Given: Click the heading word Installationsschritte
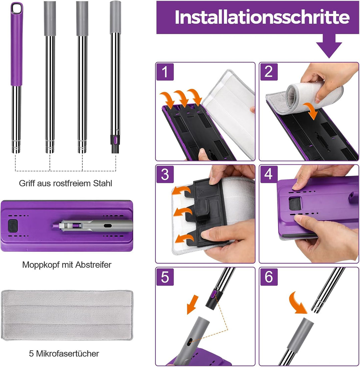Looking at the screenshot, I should tap(262, 17).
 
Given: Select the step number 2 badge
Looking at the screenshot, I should tap(269, 72).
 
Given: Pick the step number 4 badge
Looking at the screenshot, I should tap(269, 175).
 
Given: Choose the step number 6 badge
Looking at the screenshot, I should tap(269, 277).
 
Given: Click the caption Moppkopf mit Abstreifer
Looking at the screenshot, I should tap(67, 265).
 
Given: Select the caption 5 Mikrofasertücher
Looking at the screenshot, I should tap(64, 353).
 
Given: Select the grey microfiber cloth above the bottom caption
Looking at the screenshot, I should tap(67, 315).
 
